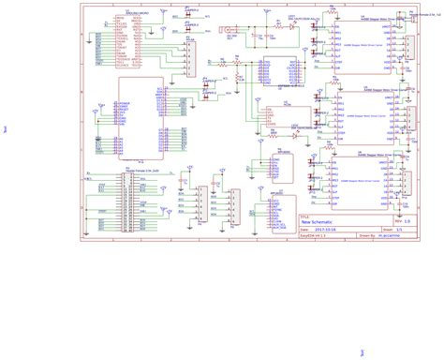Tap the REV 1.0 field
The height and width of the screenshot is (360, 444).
pos(396,220)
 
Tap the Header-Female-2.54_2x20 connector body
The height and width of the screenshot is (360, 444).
pos(127,202)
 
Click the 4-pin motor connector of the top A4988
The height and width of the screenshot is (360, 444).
pos(409,48)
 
